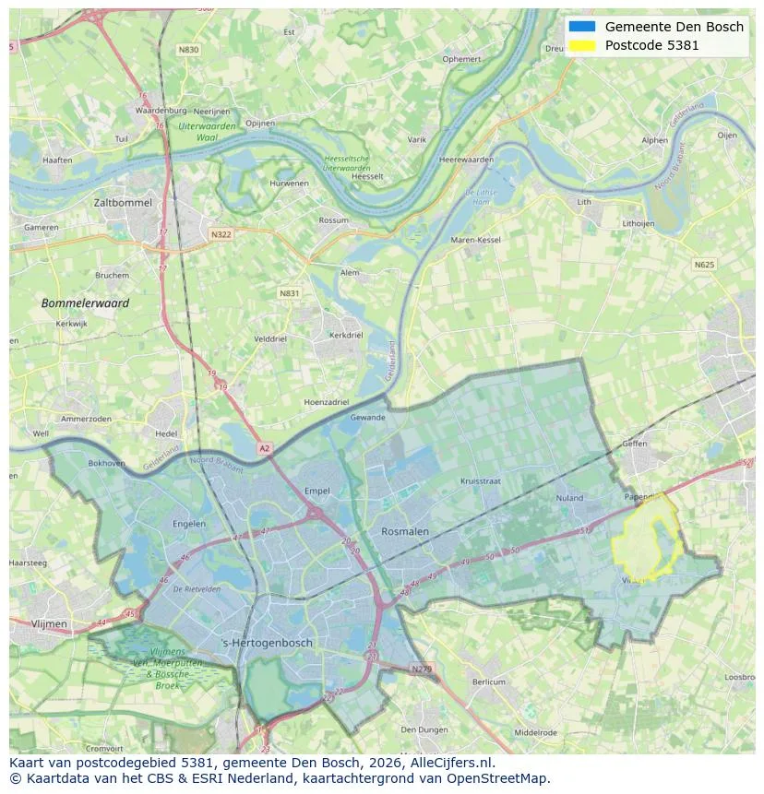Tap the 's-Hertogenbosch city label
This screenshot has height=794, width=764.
[268, 643]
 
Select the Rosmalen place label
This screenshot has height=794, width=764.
[405, 531]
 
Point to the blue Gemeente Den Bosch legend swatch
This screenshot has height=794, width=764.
[582, 27]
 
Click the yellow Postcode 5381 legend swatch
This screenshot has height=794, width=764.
[582, 45]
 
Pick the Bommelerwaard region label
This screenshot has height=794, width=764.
[85, 302]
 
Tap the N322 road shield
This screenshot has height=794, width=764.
[221, 234]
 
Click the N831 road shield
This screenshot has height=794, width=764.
[289, 293]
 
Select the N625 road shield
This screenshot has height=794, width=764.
[704, 265]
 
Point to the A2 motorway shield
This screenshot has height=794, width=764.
[265, 448]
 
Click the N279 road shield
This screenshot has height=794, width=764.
[421, 669]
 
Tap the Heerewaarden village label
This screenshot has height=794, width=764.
[466, 160]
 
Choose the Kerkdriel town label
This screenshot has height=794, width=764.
[346, 335]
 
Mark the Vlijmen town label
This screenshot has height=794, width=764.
[49, 624]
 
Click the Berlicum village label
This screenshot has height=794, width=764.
[488, 682]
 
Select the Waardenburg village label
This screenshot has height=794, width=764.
[161, 111]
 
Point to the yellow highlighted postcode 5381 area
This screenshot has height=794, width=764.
[648, 544]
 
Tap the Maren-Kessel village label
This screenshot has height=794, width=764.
[475, 240]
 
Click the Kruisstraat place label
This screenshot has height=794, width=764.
[480, 481]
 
